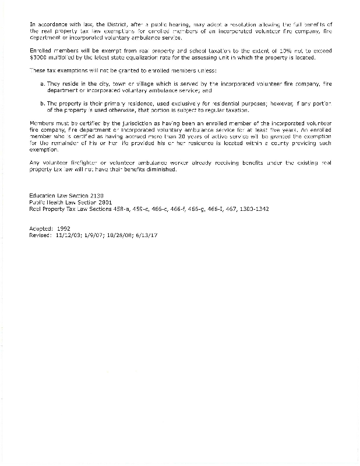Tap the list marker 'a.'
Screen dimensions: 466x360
point(43,84)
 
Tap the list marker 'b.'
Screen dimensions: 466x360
point(43,103)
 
